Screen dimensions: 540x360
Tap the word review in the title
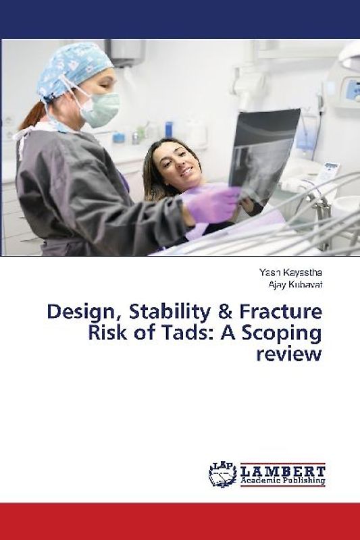(288, 355)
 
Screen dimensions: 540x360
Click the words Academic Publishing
(284, 481)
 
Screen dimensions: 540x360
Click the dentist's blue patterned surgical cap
(74, 68)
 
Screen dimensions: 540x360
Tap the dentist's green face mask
(101, 108)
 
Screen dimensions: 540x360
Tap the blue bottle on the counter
(168, 129)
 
